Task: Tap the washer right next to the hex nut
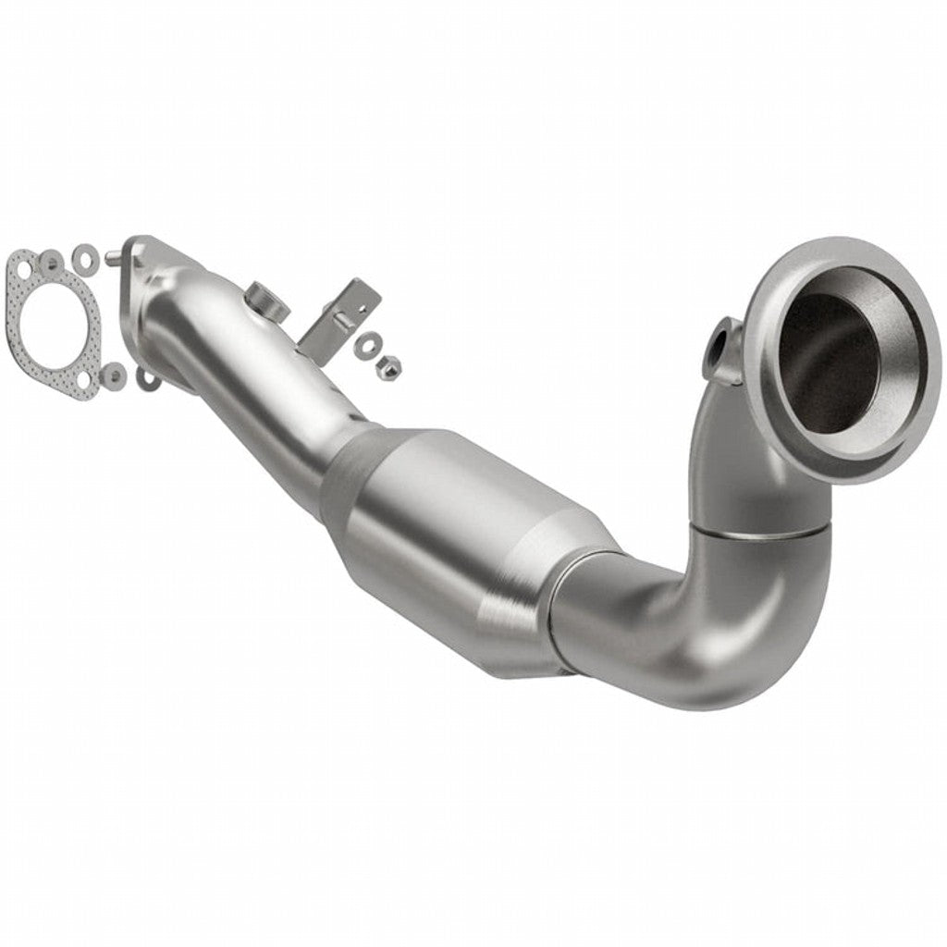tap(368, 344)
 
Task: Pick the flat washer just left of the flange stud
tap(85, 252)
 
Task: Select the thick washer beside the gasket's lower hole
tap(114, 374)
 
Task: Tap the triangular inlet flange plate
tap(148, 277)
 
